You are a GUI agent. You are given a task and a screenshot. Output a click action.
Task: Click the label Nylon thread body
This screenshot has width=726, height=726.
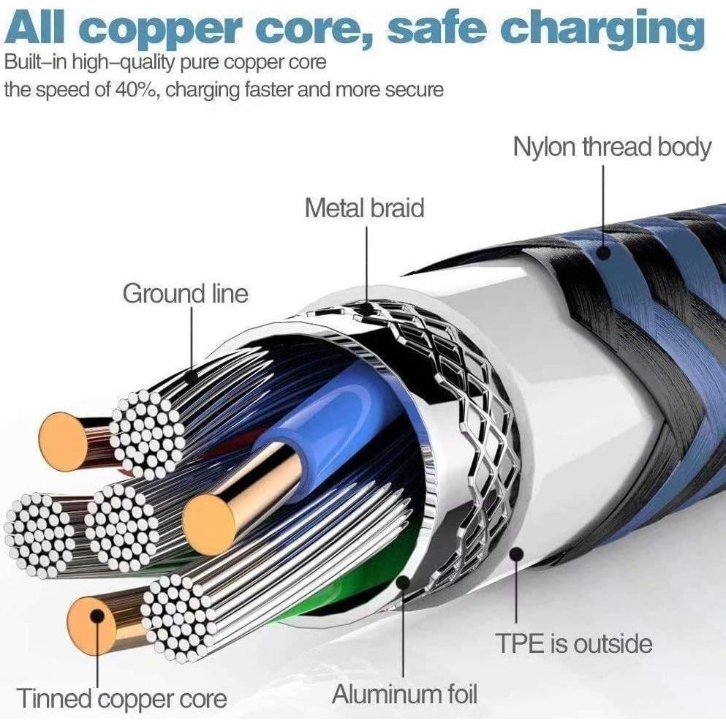[x=611, y=147]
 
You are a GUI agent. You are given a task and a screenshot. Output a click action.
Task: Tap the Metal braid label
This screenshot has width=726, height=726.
[x=364, y=208]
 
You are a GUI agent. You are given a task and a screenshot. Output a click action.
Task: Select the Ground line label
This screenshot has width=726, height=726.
[x=185, y=294]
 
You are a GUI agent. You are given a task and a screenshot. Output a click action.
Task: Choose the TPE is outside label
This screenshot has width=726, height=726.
[x=573, y=644]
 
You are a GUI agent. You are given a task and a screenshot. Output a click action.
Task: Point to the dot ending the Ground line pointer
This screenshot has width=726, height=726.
[x=191, y=377]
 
